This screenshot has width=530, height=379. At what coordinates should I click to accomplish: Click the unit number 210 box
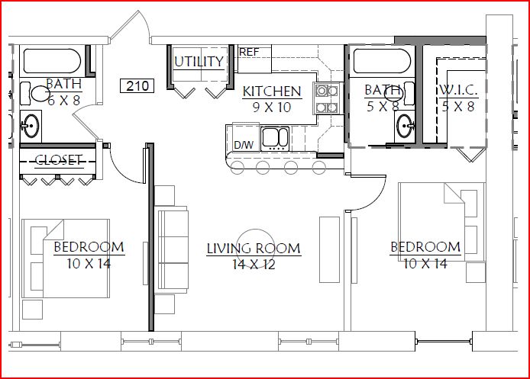pyautogui.click(x=137, y=85)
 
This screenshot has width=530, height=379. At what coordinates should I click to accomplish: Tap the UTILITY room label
pyautogui.click(x=199, y=62)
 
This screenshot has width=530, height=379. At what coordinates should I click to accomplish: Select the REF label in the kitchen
pyautogui.click(x=249, y=52)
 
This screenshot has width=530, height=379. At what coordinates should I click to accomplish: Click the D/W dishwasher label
pyautogui.click(x=244, y=145)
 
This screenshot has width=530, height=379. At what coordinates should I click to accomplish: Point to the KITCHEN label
pyautogui.click(x=272, y=92)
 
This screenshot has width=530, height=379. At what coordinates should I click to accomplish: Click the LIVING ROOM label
pyautogui.click(x=254, y=249)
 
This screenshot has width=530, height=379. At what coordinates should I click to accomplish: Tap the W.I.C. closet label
pyautogui.click(x=458, y=91)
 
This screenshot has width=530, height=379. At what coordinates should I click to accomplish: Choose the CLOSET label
pyautogui.click(x=59, y=160)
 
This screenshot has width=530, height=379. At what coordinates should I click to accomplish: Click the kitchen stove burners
pyautogui.click(x=327, y=99)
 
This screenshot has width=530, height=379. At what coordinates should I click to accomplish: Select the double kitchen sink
pyautogui.click(x=275, y=138)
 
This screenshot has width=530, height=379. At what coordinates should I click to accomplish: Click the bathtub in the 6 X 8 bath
pyautogui.click(x=53, y=61)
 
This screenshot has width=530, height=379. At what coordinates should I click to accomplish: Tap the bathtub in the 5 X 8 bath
pyautogui.click(x=382, y=61)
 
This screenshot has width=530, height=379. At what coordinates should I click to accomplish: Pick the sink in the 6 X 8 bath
pyautogui.click(x=31, y=126)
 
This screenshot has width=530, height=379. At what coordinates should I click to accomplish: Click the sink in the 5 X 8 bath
pyautogui.click(x=405, y=126)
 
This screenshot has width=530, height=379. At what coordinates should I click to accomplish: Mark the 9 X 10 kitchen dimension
pyautogui.click(x=272, y=107)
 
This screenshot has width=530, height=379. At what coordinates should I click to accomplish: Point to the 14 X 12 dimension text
pyautogui.click(x=254, y=264)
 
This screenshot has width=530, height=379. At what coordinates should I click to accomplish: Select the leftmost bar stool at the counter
pyautogui.click(x=238, y=168)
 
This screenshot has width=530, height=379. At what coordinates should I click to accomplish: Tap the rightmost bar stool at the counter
pyautogui.click(x=318, y=168)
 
